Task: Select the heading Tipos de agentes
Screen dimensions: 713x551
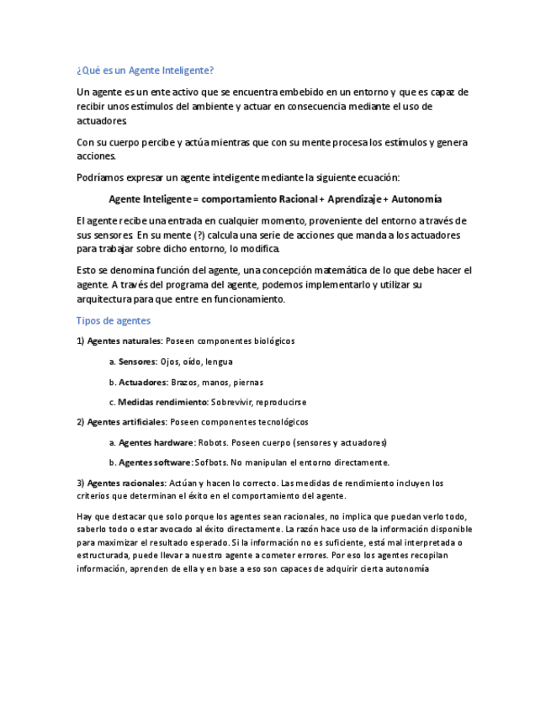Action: click(x=114, y=320)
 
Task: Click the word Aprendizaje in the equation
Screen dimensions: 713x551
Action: click(x=352, y=199)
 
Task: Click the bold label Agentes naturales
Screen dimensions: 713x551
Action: click(x=125, y=341)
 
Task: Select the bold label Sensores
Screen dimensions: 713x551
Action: click(x=137, y=362)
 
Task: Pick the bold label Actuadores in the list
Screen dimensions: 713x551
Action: click(x=143, y=382)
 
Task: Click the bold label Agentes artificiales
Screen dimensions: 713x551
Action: click(x=126, y=422)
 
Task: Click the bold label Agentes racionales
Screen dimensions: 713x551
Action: click(x=126, y=483)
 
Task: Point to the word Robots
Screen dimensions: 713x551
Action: click(x=212, y=442)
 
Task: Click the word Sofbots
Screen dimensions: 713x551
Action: click(x=211, y=462)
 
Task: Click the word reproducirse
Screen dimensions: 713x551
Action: click(x=280, y=402)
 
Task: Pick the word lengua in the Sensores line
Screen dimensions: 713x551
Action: click(x=219, y=362)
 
